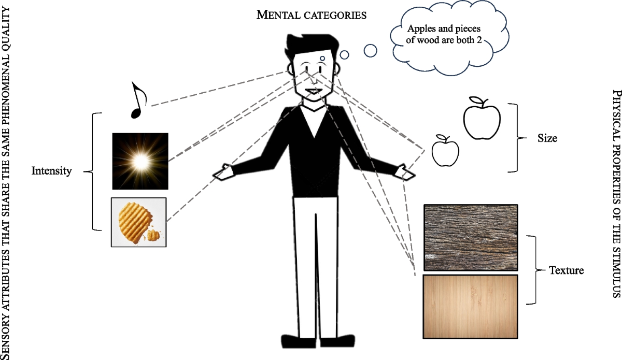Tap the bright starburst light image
[x=140, y=161]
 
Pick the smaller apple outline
[x=445, y=151]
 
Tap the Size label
[x=547, y=138]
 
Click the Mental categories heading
[x=312, y=15]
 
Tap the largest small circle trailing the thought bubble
[x=370, y=50]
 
